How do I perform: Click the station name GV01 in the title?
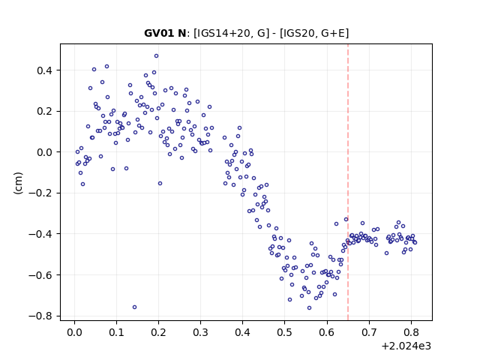tap(159, 33)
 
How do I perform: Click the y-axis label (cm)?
tap(18, 183)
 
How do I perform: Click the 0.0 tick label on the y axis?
tap(44, 152)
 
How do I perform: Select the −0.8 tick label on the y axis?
tap(40, 316)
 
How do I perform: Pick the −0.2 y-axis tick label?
tap(40, 193)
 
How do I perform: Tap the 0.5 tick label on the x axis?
tap(285, 332)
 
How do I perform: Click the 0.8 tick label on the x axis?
tap(411, 332)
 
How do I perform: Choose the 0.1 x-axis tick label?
tap(116, 332)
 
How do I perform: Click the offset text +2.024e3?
tap(406, 346)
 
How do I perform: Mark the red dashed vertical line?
tap(348, 182)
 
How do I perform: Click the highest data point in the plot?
tap(157, 56)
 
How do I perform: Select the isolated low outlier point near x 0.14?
tap(134, 307)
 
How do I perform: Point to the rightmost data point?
tap(415, 243)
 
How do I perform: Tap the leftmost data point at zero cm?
tap(77, 151)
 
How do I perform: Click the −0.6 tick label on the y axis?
tap(40, 275)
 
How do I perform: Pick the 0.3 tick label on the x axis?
tap(200, 332)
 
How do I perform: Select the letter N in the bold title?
tap(182, 33)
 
